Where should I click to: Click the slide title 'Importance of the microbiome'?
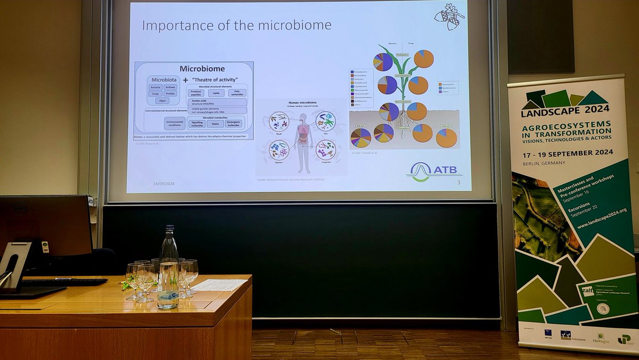tap(236, 24)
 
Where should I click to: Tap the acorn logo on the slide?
tap(449, 17)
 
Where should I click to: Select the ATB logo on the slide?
tap(433, 171)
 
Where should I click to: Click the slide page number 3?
tap(458, 183)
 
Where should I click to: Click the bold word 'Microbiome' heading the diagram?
tap(202, 69)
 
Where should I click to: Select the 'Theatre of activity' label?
tap(218, 79)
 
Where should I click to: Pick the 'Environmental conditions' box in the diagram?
tap(175, 124)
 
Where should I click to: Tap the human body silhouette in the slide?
tap(303, 142)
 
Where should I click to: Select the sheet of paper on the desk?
tap(219, 285)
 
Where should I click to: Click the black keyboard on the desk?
tap(64, 282)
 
